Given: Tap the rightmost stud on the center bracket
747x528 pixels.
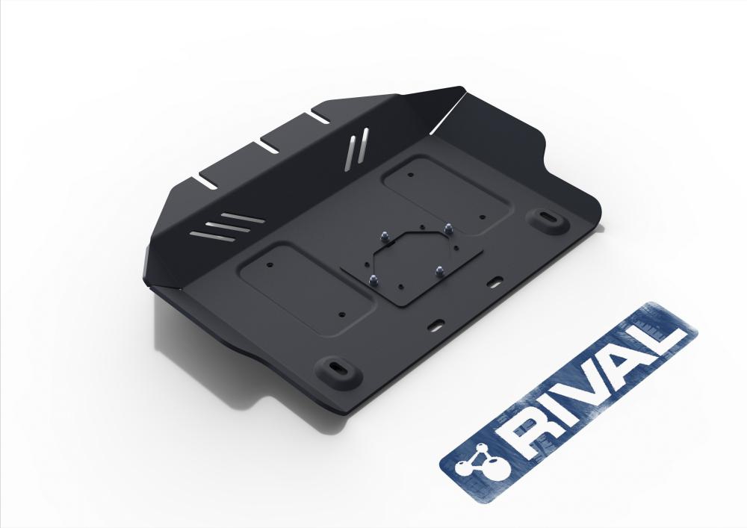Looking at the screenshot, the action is coord(447,229).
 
